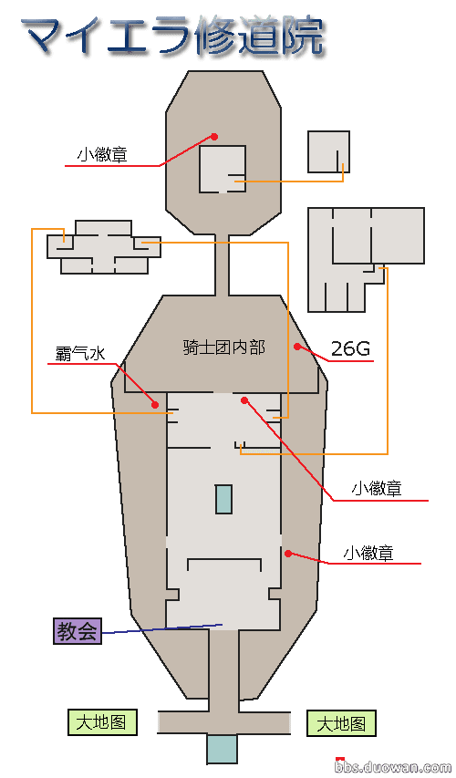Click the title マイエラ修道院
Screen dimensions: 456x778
[x=172, y=36]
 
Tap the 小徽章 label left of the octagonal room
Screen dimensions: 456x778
[x=102, y=155]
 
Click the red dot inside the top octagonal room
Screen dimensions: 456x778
[x=214, y=136]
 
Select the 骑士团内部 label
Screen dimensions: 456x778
[x=224, y=347]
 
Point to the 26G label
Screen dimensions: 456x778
[x=350, y=348]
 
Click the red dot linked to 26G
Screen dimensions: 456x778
[x=297, y=347]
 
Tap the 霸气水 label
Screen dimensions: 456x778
[x=80, y=353]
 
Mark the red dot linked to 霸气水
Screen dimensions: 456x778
[x=155, y=405]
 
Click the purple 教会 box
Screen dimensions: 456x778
[x=78, y=631]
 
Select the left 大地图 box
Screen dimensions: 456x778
[x=102, y=722]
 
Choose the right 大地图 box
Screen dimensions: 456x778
[x=341, y=723]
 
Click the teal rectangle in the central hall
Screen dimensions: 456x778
[x=223, y=499]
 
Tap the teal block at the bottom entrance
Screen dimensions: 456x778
[x=222, y=749]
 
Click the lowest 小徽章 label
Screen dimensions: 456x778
[x=368, y=552]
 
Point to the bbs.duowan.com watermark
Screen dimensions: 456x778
[x=393, y=768]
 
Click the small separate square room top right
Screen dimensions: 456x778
[x=328, y=151]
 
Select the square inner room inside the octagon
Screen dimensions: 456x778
[x=223, y=170]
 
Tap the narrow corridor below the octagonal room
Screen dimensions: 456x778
[x=222, y=265]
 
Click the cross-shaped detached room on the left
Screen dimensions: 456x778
[x=104, y=247]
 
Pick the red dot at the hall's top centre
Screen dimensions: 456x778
[x=244, y=400]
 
